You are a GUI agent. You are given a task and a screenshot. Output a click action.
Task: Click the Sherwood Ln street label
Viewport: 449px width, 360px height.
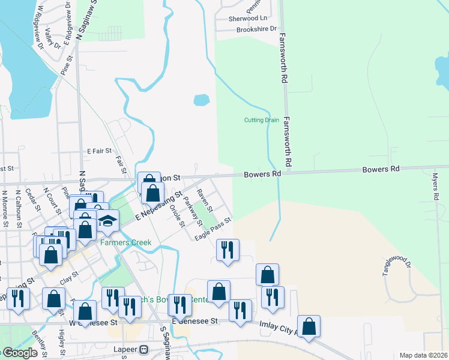(243, 19)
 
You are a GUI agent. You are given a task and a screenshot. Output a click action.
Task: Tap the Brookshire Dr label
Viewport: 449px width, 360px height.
(256, 29)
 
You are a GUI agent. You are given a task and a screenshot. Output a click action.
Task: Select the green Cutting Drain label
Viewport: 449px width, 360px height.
(261, 120)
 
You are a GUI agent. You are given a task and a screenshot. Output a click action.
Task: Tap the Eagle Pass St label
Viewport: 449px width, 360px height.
(212, 230)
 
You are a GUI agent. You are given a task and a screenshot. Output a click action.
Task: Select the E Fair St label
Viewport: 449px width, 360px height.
(100, 152)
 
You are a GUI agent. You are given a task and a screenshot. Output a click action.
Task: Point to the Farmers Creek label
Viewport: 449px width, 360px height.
(125, 242)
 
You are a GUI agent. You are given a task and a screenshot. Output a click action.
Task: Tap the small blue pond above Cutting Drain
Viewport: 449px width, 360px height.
(201, 99)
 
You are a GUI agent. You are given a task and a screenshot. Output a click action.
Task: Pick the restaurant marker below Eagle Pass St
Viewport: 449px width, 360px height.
(228, 249)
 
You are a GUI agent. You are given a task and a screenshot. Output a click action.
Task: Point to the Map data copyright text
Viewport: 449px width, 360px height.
(423, 356)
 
